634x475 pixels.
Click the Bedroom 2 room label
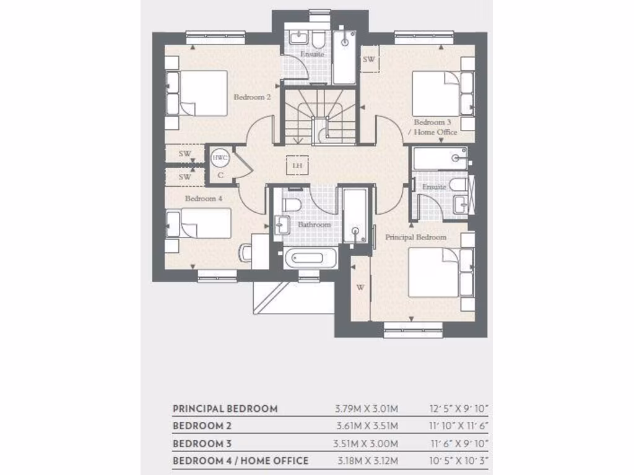(251, 97)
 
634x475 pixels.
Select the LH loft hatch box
(297, 165)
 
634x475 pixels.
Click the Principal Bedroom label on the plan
(415, 237)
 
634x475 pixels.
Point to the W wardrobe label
(360, 287)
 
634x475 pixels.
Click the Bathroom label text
(314, 225)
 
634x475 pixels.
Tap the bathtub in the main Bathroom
(310, 257)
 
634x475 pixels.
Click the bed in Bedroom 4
(199, 223)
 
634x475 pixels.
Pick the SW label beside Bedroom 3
(369, 59)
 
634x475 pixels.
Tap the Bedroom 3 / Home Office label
(435, 127)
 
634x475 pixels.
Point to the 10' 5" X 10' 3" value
(459, 461)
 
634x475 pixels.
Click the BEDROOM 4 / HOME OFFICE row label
(240, 461)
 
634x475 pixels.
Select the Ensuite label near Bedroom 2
(312, 54)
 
